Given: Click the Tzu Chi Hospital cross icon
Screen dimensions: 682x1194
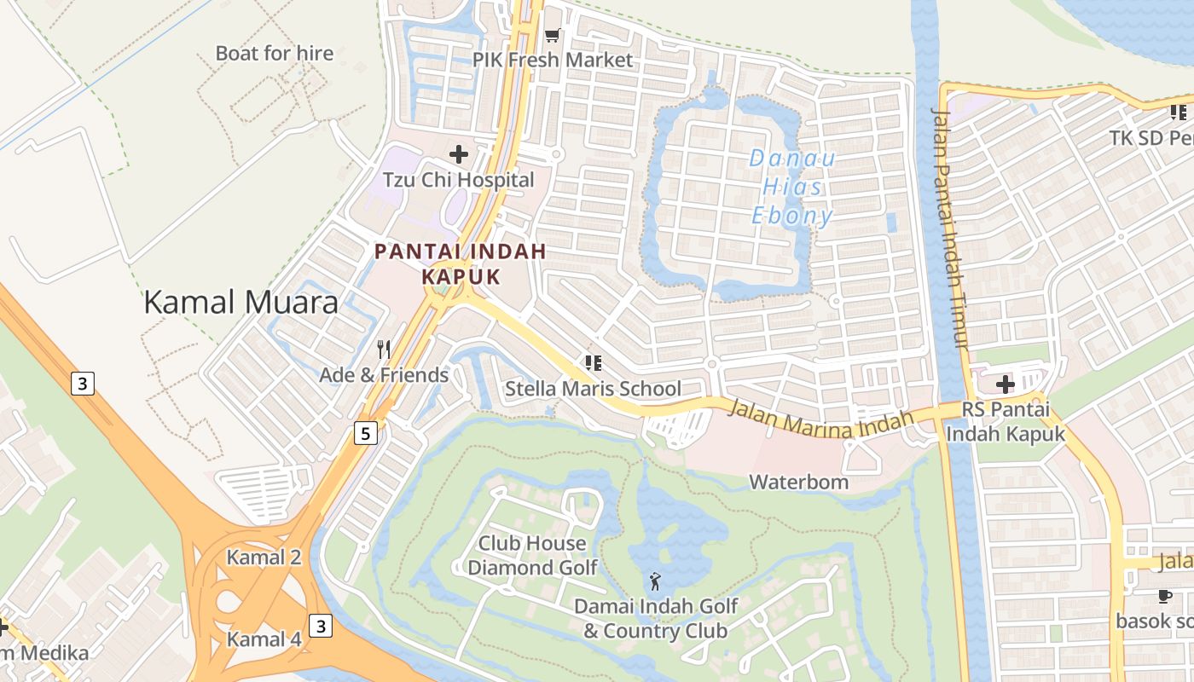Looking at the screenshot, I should click(459, 154).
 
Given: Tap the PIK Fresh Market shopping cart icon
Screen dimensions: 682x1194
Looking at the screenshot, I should click(552, 36).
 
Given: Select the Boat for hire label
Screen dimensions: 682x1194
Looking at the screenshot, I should click(274, 53).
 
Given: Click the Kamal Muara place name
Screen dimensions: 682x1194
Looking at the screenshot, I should click(241, 302).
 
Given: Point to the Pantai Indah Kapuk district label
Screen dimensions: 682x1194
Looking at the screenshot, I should click(461, 264).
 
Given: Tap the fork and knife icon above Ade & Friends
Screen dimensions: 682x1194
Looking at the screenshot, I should click(384, 349).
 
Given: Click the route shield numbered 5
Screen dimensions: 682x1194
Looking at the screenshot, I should click(366, 434).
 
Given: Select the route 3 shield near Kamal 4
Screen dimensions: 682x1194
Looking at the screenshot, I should click(320, 627).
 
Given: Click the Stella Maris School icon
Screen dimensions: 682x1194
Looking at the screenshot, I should click(594, 363).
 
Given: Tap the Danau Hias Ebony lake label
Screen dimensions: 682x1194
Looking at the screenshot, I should click(792, 187).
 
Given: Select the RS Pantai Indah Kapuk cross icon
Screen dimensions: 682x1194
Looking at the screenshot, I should click(1006, 384).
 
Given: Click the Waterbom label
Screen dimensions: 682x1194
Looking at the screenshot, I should click(798, 482).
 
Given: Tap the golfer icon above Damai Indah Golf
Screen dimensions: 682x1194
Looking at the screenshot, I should click(655, 581).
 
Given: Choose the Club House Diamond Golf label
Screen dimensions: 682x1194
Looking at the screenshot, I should click(532, 555).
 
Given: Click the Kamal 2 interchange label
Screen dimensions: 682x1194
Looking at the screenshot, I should click(264, 558).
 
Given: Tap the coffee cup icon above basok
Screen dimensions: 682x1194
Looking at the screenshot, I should click(1165, 596).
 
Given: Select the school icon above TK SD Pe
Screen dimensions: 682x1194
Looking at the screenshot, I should click(1178, 112).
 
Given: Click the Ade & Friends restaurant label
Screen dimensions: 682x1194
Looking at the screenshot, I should click(384, 375).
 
